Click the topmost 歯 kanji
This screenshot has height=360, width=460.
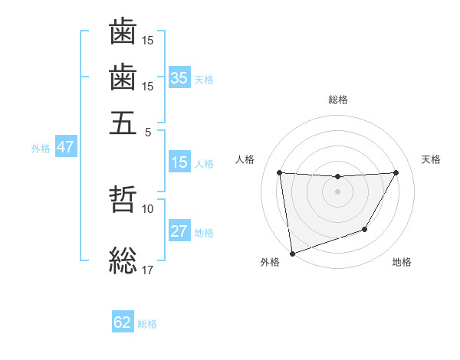click(x=123, y=32)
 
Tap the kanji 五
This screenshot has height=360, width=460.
click(x=123, y=122)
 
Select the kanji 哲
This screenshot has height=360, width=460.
click(x=123, y=201)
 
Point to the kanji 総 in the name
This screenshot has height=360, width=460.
click(x=123, y=260)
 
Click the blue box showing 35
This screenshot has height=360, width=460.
click(x=179, y=77)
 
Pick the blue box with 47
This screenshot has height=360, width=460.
click(x=65, y=147)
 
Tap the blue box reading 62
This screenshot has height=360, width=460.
click(x=123, y=322)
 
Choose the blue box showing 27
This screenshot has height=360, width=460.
click(x=179, y=231)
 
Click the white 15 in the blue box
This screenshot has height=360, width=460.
click(x=179, y=162)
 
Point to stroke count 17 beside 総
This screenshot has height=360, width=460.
click(x=147, y=269)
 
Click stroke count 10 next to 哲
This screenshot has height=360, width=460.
click(x=147, y=208)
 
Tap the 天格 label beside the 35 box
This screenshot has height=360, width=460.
click(x=204, y=79)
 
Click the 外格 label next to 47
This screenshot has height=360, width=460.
click(x=41, y=149)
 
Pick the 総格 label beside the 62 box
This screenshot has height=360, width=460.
click(x=147, y=324)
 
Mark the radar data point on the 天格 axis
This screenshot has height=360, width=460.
click(x=396, y=173)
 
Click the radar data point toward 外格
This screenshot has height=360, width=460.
click(x=292, y=253)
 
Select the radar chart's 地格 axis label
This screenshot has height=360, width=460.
click(x=402, y=263)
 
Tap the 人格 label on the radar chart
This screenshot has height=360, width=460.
click(x=245, y=159)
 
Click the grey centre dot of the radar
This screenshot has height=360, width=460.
click(x=337, y=191)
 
